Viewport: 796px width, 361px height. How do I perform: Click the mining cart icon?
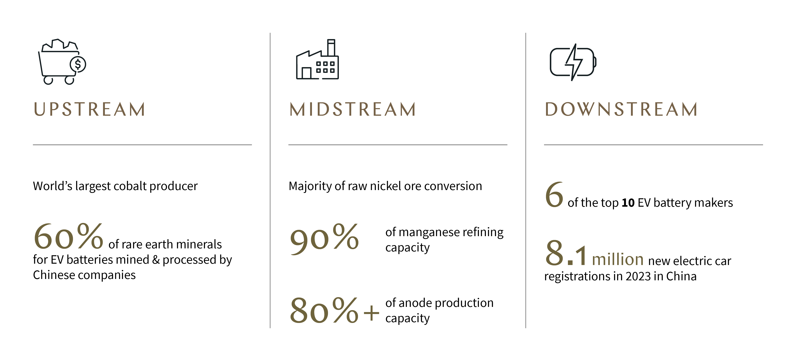[x=62, y=62]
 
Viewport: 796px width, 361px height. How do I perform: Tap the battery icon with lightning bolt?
[x=573, y=62]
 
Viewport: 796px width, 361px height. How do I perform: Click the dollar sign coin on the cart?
[x=78, y=64]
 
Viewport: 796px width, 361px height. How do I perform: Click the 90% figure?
[x=324, y=238]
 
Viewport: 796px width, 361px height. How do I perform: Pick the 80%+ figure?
[x=334, y=310]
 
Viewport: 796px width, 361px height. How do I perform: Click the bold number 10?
[x=628, y=203]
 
